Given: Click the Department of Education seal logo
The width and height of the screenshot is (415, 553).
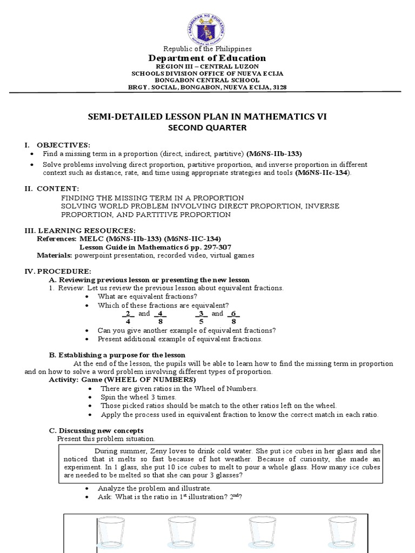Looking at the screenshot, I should [x=207, y=23].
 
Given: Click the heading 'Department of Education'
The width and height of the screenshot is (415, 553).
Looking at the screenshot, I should [x=207, y=58].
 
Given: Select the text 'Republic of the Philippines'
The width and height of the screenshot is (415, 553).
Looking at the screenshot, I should [x=207, y=49].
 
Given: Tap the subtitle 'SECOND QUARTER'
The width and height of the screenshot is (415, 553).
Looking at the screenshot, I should [x=207, y=129].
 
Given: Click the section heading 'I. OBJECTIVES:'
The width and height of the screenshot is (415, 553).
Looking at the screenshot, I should [x=60, y=145].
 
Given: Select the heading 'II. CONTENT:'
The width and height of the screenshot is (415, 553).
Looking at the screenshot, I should [x=52, y=188].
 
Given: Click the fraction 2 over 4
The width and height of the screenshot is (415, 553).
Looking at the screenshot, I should [x=128, y=317].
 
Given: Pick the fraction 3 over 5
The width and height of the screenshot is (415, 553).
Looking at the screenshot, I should [x=201, y=317].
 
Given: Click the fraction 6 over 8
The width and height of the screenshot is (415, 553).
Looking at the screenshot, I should [x=233, y=317].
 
